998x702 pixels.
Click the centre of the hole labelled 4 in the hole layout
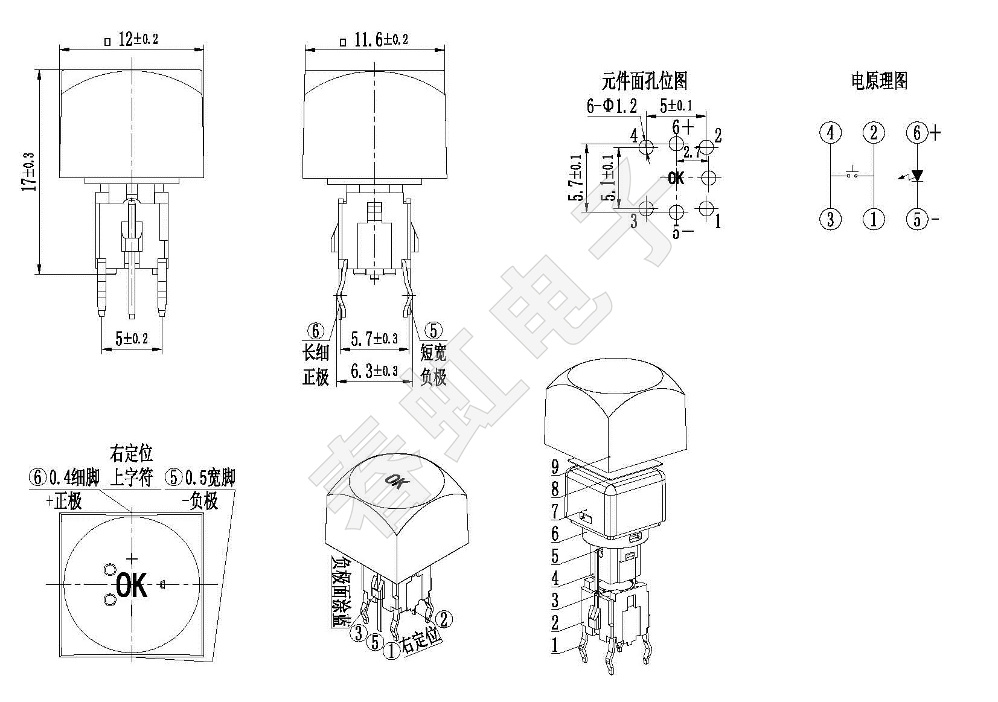(646, 146)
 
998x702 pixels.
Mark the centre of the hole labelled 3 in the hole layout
(646, 208)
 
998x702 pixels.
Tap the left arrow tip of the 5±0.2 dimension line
(102, 349)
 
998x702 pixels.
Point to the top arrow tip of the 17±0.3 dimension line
(39, 70)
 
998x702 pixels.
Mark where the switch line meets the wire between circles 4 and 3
(831, 176)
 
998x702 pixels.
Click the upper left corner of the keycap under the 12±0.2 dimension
(60, 70)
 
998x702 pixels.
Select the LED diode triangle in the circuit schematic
(917, 176)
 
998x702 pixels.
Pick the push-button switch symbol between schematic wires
(852, 173)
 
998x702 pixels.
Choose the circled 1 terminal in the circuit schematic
(874, 219)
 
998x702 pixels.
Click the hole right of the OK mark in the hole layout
(708, 178)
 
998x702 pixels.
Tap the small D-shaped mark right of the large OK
(162, 584)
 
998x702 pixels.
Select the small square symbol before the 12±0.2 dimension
(107, 42)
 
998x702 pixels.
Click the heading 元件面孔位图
(644, 81)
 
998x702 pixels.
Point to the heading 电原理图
(879, 81)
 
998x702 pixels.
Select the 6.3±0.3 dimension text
(374, 371)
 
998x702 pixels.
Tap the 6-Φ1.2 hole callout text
(612, 106)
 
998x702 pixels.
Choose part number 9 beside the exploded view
(555, 467)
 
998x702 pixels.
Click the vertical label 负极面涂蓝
(339, 591)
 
